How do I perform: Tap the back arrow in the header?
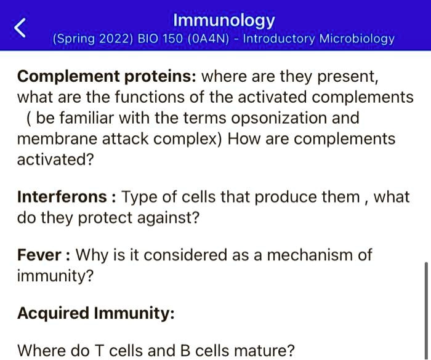point(21,28)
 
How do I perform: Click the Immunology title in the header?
point(224,20)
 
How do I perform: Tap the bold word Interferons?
point(62,197)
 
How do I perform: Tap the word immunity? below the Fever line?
point(55,276)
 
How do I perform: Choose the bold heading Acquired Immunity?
point(96,313)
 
